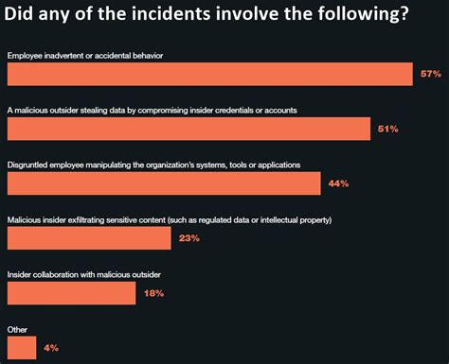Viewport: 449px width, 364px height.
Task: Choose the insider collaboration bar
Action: (x=72, y=293)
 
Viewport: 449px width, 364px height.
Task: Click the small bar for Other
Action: (x=22, y=348)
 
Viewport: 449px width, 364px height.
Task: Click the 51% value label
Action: (x=386, y=129)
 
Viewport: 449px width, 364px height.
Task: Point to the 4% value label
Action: (x=51, y=348)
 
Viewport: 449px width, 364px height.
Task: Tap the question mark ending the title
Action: (x=404, y=17)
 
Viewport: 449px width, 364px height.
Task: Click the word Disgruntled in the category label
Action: (x=31, y=165)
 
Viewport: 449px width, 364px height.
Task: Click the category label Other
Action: (x=18, y=329)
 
